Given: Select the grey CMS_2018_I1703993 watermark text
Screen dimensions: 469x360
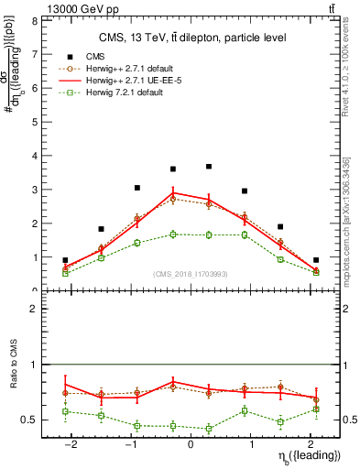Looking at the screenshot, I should (x=191, y=274).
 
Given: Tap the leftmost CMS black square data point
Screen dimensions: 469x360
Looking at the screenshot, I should (x=65, y=260).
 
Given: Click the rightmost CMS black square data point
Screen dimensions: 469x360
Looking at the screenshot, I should (x=316, y=260).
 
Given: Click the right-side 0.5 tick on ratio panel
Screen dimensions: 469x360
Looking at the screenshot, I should (x=349, y=420).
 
